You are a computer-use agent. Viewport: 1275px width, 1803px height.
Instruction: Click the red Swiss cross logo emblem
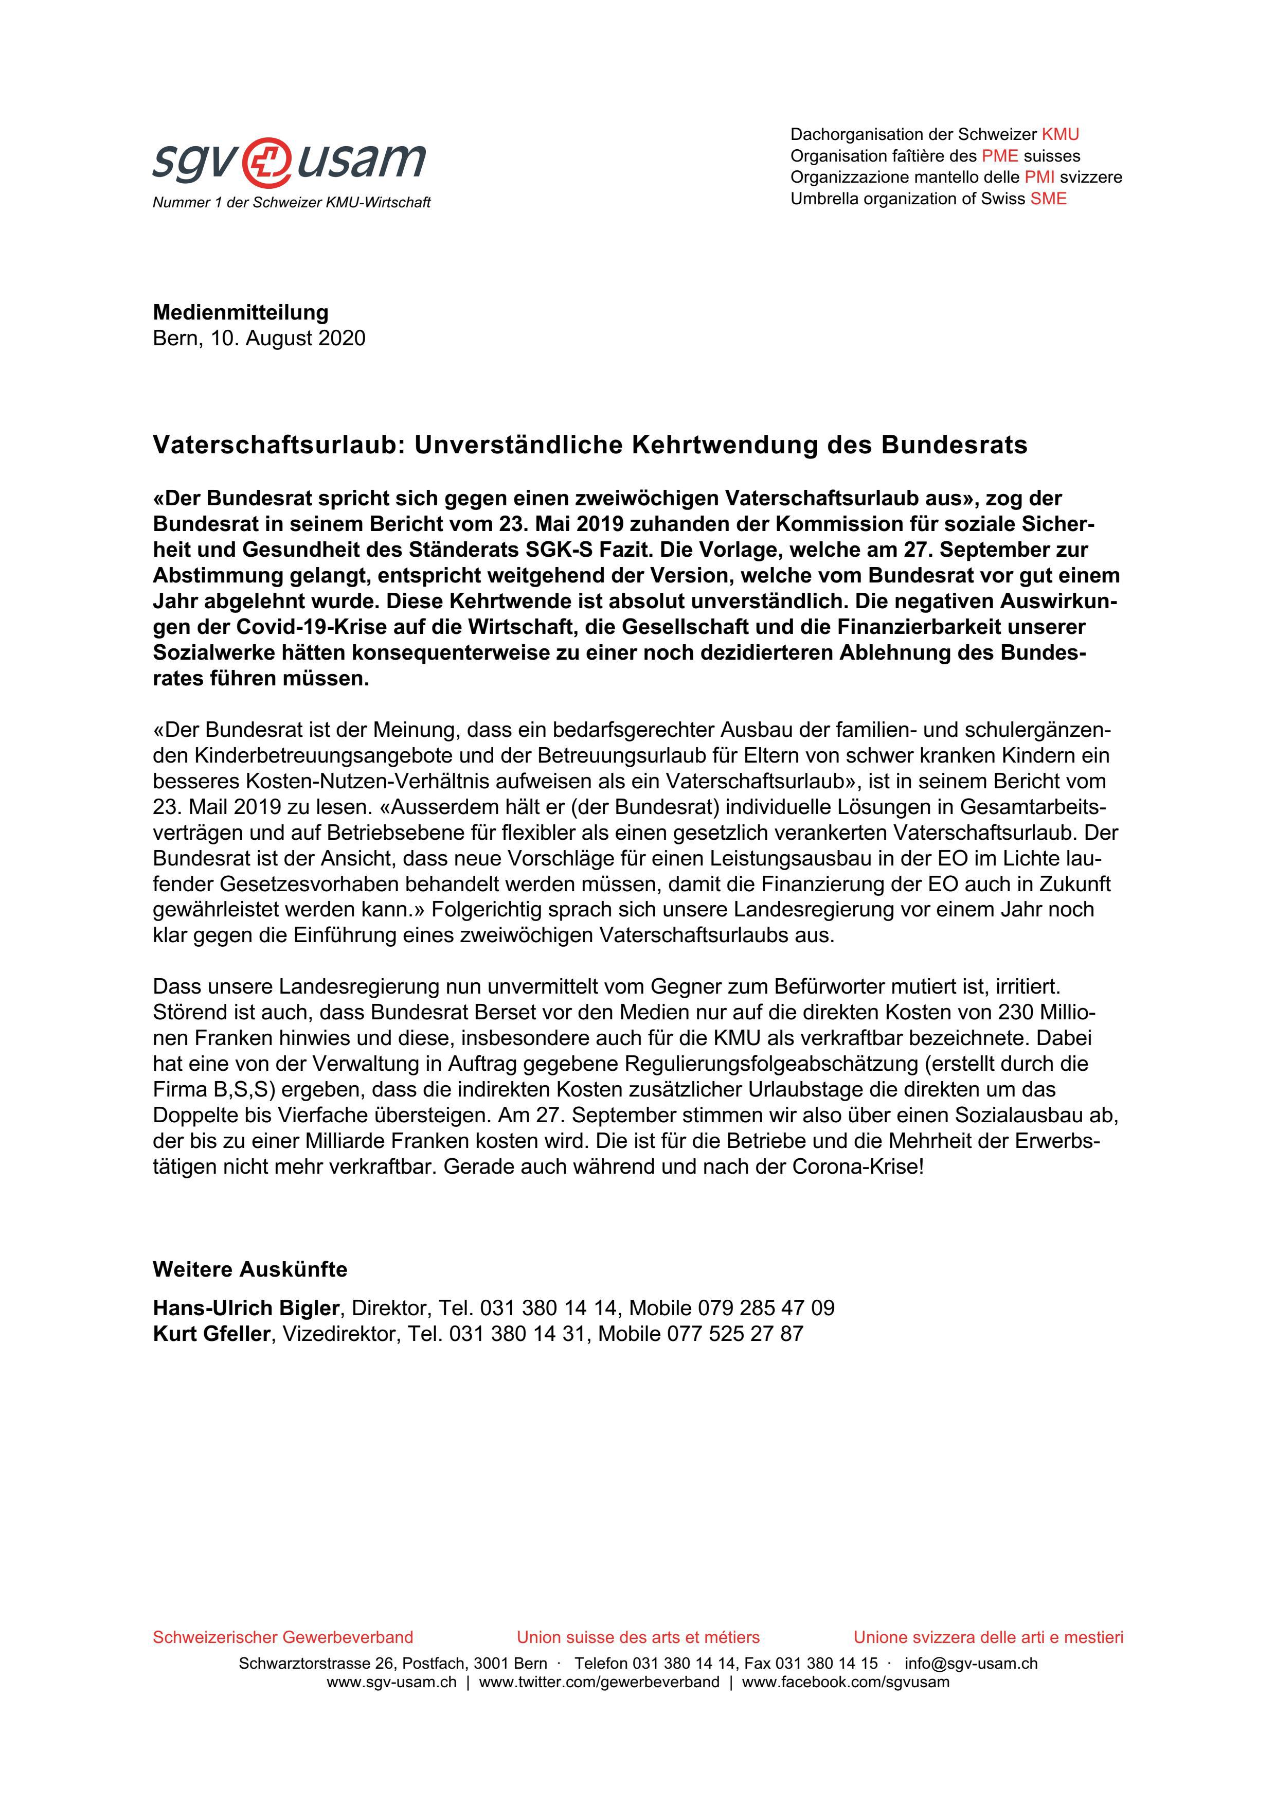coord(270,162)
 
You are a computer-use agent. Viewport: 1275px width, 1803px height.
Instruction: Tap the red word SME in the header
coord(1048,199)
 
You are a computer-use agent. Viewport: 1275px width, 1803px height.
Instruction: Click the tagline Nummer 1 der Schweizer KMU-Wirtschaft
coord(291,203)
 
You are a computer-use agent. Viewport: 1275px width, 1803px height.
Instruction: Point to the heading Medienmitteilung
coord(240,312)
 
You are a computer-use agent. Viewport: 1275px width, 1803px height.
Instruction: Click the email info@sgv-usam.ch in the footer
coord(971,1663)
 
